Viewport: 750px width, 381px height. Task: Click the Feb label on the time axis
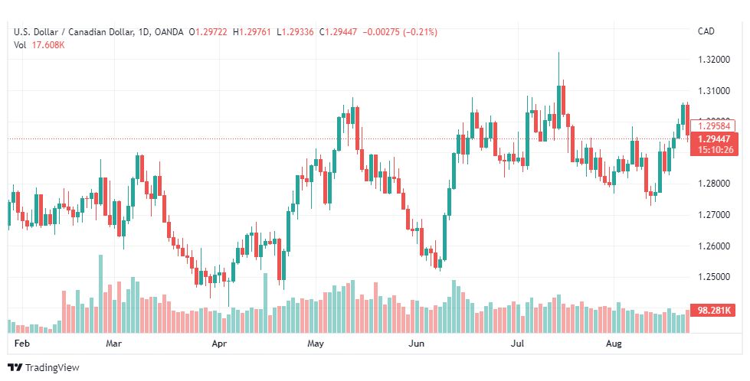tap(22, 344)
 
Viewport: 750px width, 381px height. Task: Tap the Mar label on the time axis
tap(114, 344)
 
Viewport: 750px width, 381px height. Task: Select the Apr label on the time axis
tap(220, 344)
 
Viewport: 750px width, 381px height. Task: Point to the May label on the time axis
tap(316, 344)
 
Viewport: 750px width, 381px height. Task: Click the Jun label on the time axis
tap(416, 344)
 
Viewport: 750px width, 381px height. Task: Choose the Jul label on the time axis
tap(518, 344)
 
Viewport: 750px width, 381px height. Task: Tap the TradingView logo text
tap(51, 368)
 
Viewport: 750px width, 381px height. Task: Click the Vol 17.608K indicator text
tap(39, 44)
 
